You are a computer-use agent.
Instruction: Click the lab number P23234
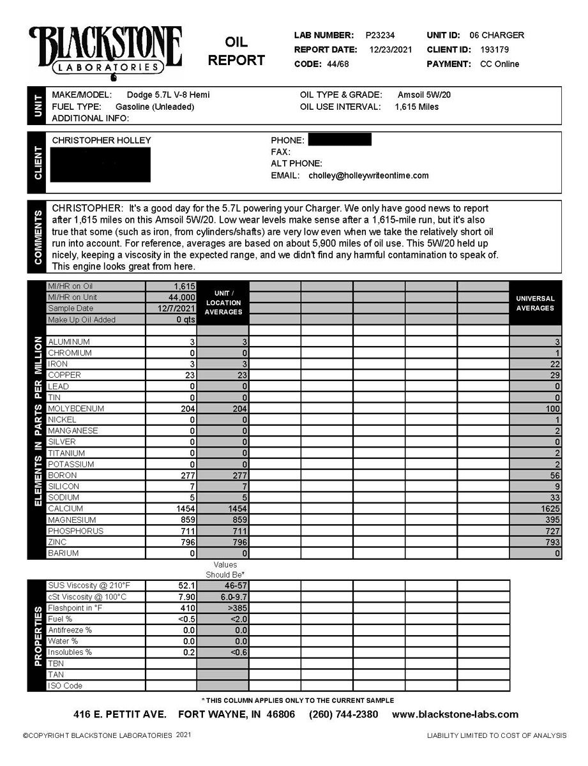[381, 36]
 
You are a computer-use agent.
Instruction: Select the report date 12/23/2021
[391, 50]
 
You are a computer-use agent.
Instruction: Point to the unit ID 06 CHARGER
[497, 36]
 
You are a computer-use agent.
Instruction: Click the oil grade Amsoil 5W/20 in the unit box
[425, 95]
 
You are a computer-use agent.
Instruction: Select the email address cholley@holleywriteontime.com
[368, 176]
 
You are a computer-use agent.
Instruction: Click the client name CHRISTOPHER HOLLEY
[102, 140]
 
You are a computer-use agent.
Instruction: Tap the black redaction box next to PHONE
[339, 140]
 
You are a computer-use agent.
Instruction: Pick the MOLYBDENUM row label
[76, 409]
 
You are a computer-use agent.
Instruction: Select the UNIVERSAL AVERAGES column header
[535, 303]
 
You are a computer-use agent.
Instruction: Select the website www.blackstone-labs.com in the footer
[455, 714]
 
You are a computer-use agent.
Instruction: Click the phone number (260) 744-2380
[343, 714]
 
